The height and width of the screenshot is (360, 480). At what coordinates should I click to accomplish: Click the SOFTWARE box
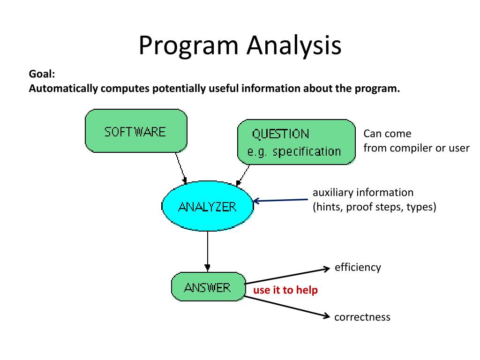pyautogui.click(x=136, y=131)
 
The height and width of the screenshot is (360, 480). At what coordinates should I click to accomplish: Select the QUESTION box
pyautogui.click(x=296, y=142)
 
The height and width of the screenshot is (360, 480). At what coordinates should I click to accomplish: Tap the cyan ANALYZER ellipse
pyautogui.click(x=208, y=206)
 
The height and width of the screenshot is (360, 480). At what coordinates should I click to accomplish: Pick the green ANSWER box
pyautogui.click(x=208, y=287)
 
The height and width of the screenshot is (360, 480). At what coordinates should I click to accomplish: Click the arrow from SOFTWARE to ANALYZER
pyautogui.click(x=181, y=168)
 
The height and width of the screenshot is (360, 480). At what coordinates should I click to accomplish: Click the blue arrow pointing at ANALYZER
pyautogui.click(x=280, y=200)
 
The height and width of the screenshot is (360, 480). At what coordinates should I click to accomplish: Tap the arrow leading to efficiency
pyautogui.click(x=287, y=276)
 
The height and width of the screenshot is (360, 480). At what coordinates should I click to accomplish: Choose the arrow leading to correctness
pyautogui.click(x=287, y=307)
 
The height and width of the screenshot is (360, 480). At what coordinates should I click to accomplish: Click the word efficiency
pyautogui.click(x=358, y=268)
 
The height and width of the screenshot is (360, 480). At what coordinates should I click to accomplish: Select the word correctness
pyautogui.click(x=362, y=317)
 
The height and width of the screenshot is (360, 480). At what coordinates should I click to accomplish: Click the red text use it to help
pyautogui.click(x=285, y=290)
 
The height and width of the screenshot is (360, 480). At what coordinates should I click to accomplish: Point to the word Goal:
pyautogui.click(x=42, y=74)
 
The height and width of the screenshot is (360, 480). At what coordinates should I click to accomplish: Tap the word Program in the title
pyautogui.click(x=188, y=46)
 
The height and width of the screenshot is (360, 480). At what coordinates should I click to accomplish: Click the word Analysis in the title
pyautogui.click(x=294, y=46)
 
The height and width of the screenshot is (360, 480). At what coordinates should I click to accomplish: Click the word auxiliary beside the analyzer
pyautogui.click(x=332, y=193)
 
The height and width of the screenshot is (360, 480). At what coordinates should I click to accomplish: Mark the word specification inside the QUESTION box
pyautogui.click(x=307, y=151)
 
